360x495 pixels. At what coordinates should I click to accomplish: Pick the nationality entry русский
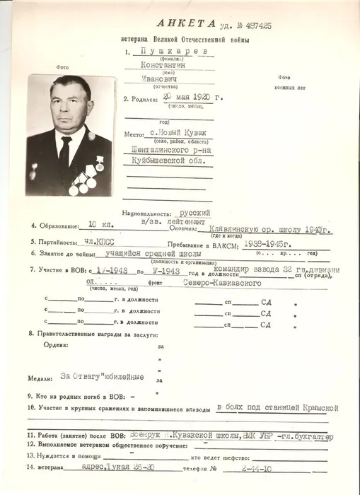pyautogui.click(x=196, y=211)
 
